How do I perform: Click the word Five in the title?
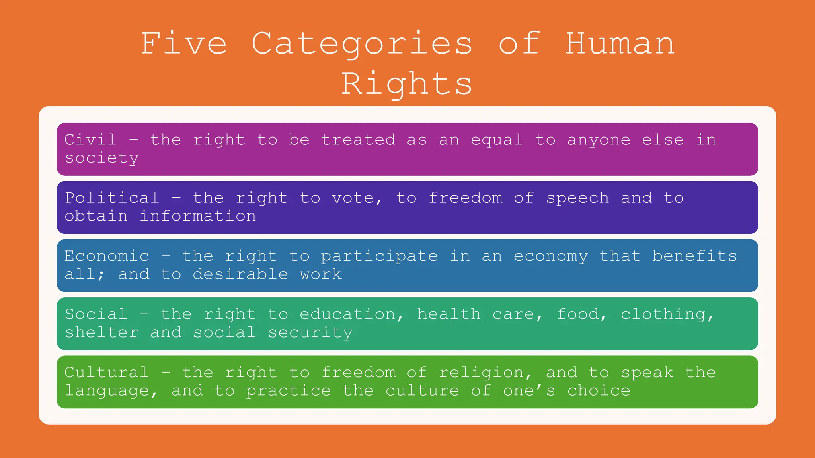[x=184, y=43]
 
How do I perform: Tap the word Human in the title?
[x=620, y=43]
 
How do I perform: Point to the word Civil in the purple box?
[x=91, y=140]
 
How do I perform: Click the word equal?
[x=497, y=140]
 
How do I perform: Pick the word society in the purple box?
[x=102, y=158]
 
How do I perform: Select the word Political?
[x=112, y=198]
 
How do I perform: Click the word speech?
[x=577, y=198]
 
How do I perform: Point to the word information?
[x=198, y=216]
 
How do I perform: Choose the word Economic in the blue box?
[x=107, y=256]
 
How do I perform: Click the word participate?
[x=379, y=256]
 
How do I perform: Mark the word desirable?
[x=240, y=274]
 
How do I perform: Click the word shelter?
[x=102, y=332]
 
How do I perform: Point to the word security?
[x=310, y=332]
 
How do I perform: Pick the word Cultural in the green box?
[x=107, y=373]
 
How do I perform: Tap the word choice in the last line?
[x=599, y=390]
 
